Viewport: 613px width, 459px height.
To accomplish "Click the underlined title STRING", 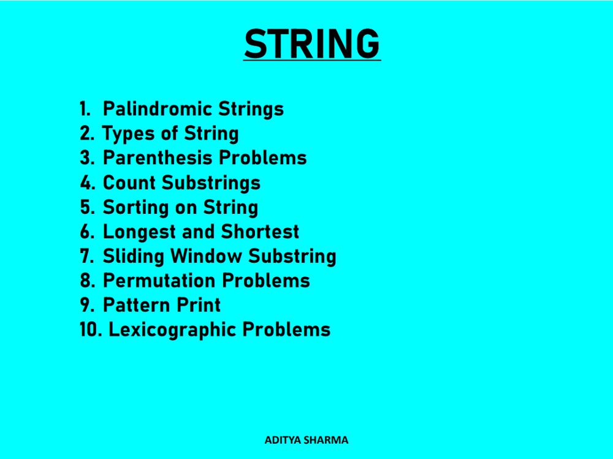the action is coord(312,44).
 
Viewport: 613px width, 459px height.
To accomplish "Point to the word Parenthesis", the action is coord(158,158).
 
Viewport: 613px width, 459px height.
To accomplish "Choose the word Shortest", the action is coord(260,232).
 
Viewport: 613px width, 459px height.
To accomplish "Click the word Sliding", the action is coord(134,257).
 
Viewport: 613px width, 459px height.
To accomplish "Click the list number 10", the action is coord(91,330).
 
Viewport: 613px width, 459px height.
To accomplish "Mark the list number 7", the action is coord(87,257).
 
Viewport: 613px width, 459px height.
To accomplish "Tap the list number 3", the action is coord(87,158).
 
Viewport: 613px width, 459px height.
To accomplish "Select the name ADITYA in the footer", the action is coord(283,440).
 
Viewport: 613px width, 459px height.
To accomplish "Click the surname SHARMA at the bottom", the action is coord(326,440).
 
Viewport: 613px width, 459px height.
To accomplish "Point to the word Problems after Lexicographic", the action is coord(286,330).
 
